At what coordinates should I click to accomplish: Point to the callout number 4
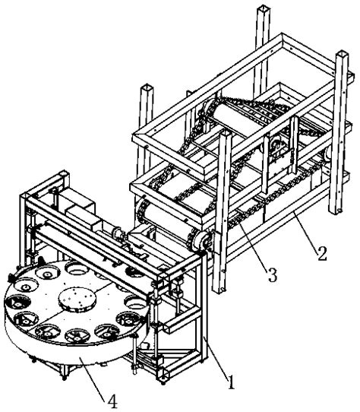point(112,402)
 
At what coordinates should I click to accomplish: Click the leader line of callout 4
point(93,376)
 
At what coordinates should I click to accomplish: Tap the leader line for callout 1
point(216,356)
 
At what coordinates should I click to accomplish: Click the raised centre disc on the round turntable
point(77,299)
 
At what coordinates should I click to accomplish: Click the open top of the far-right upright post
point(342,54)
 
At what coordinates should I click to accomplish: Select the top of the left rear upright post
point(147,87)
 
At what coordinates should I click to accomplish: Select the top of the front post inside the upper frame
point(226,135)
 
